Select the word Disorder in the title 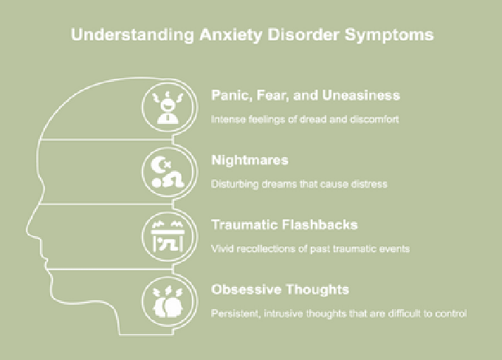coord(313,35)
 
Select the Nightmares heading coord(249,160)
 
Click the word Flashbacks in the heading coord(321,224)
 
